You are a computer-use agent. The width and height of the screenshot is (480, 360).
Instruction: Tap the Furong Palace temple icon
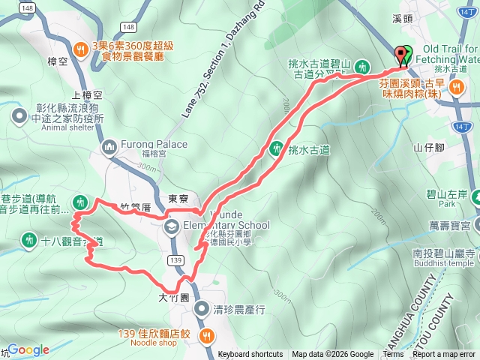[x=109, y=145]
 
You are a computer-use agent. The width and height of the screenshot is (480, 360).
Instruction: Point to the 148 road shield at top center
[x=128, y=27]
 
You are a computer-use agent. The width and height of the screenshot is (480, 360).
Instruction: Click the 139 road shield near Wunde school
[x=176, y=259]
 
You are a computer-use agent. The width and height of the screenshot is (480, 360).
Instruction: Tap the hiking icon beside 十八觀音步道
[x=29, y=240]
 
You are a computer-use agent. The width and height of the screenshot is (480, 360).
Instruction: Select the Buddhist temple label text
[x=442, y=263]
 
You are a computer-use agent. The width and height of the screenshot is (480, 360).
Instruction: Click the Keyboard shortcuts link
[x=250, y=355]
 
